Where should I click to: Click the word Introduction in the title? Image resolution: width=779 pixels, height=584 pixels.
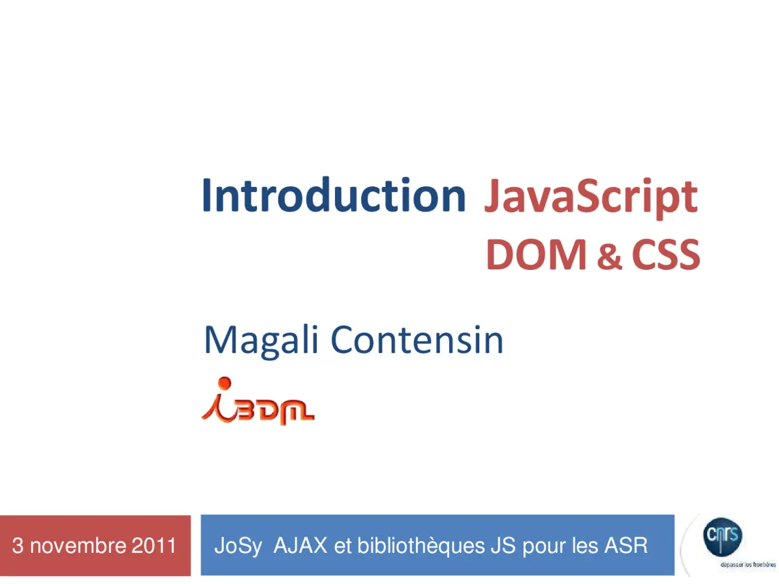point(334,195)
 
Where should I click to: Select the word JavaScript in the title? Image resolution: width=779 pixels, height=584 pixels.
point(590,196)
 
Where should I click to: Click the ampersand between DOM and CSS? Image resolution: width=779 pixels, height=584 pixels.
point(609,257)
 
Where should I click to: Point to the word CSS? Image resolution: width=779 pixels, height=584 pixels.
point(665,254)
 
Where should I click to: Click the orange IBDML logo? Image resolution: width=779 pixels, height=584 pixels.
point(258,402)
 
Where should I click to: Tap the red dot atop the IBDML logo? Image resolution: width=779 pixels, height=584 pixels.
point(225,382)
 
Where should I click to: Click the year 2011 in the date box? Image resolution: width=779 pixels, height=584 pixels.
point(154,546)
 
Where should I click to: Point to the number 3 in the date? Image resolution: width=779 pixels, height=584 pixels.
point(18,546)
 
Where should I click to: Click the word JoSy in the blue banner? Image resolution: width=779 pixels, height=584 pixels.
point(238,546)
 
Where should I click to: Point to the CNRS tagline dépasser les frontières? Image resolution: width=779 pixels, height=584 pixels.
point(747,564)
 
